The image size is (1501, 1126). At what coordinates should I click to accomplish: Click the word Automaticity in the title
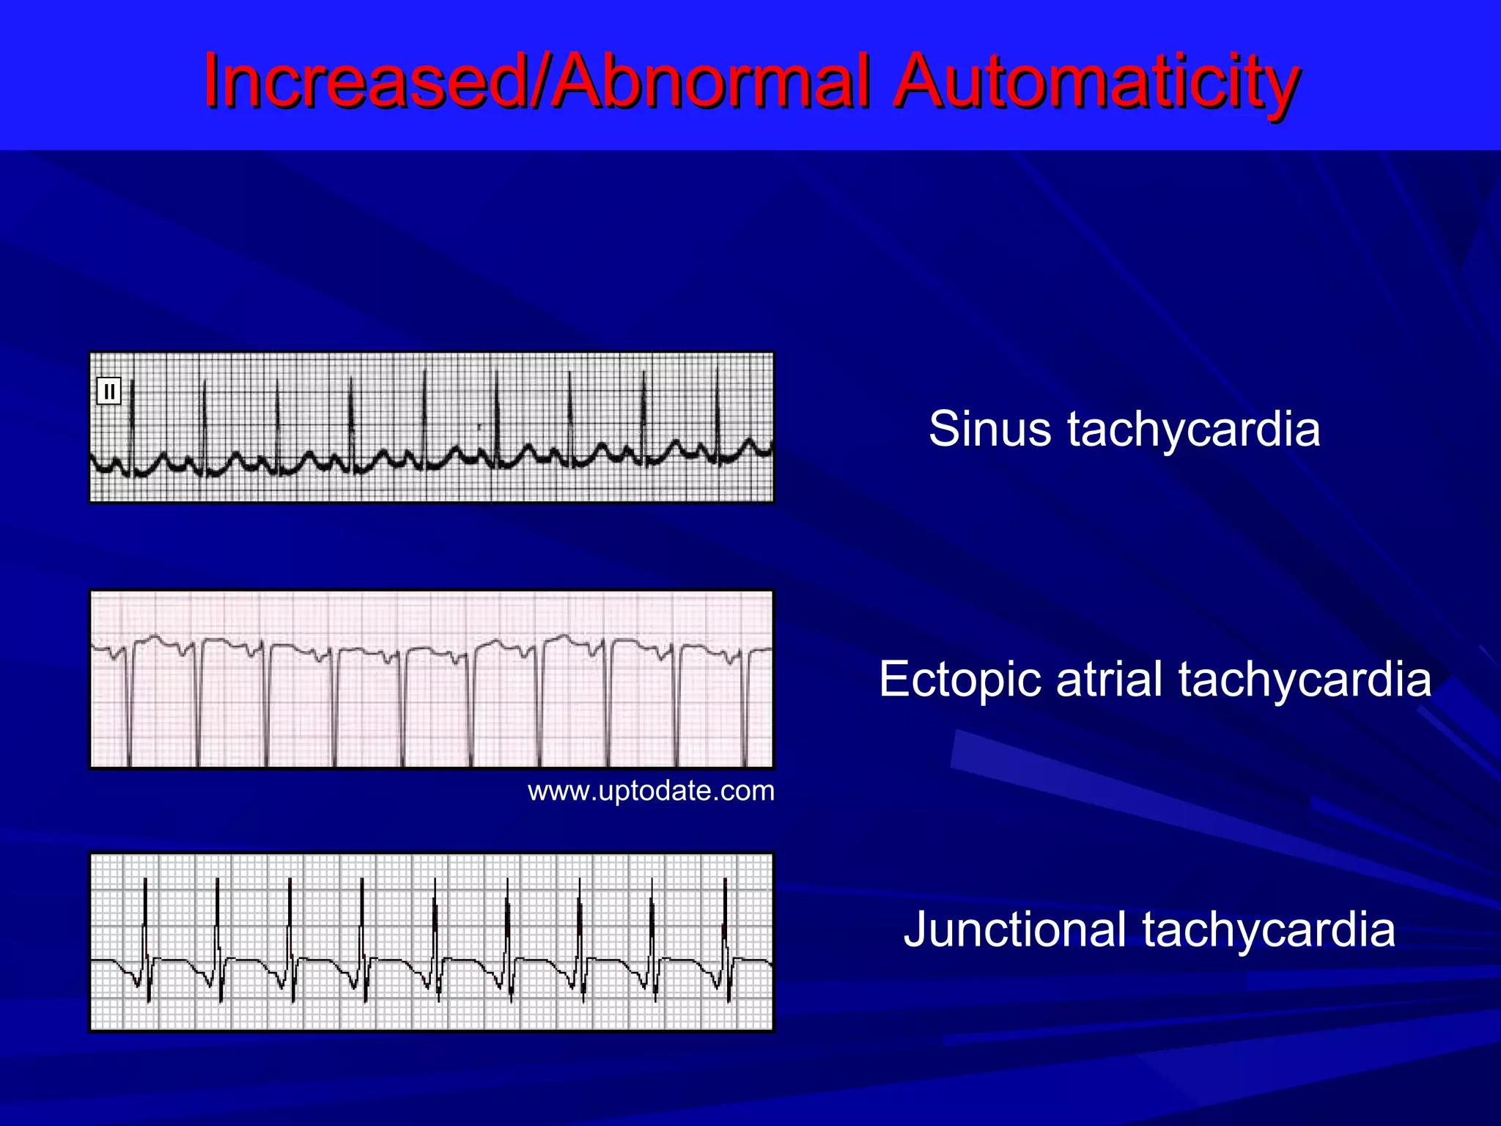coord(1096,82)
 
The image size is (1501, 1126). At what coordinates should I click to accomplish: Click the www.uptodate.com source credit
coord(651,791)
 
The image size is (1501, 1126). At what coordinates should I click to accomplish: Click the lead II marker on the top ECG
coord(109,391)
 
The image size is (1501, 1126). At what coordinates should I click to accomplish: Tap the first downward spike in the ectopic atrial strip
coord(130,711)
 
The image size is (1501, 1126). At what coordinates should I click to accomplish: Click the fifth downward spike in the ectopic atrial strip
coord(402,711)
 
